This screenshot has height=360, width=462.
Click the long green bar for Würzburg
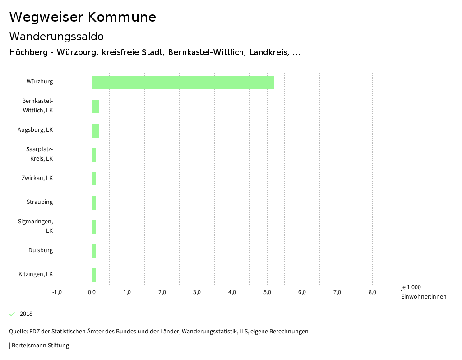point(183,83)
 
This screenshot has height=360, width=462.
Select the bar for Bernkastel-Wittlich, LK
point(95,106)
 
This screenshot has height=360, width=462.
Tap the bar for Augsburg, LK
point(95,131)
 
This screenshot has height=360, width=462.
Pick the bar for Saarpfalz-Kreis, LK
point(94,155)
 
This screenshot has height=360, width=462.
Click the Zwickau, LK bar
point(94,179)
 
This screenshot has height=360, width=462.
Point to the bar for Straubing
point(94,203)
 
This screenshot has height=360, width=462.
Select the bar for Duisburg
point(94,251)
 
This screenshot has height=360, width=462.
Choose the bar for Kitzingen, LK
point(94,275)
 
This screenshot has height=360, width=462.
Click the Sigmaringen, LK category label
point(36,226)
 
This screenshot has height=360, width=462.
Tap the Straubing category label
point(40,202)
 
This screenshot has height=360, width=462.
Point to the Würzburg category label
point(40,82)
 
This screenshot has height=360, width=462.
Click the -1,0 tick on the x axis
point(57,292)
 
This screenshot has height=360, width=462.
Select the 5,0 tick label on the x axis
point(267,292)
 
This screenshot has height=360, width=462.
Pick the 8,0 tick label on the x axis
point(372,292)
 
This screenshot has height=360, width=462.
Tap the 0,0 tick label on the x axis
point(92,292)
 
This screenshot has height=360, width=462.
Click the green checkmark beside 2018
point(12,314)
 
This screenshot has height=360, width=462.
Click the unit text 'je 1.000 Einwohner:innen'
point(423,292)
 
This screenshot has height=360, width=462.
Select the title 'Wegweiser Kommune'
point(83,17)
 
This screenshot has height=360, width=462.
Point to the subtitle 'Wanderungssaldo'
point(56,36)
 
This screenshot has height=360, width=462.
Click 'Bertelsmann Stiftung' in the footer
point(40,346)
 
